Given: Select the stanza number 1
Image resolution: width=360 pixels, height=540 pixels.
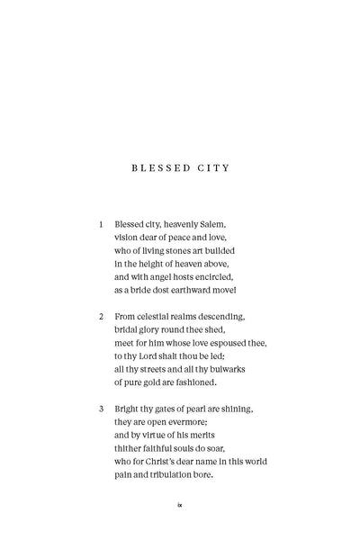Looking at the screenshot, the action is pos(102,223).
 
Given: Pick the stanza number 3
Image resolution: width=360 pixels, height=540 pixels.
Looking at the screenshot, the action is pos(102,409).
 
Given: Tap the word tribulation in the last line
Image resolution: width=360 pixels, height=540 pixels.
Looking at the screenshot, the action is pos(184,476).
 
